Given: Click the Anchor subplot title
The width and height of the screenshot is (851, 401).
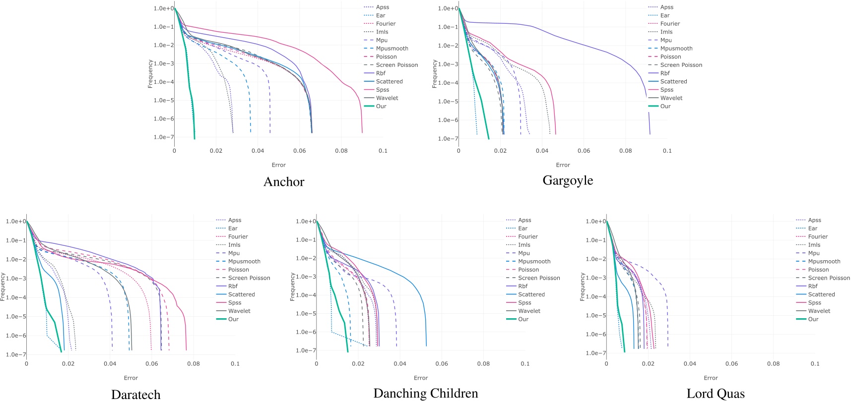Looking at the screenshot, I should [x=284, y=182].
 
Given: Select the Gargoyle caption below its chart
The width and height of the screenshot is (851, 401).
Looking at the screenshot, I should [x=568, y=180].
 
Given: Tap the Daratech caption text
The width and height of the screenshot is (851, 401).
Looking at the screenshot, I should [x=136, y=395].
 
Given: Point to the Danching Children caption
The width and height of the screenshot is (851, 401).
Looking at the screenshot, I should [x=426, y=394].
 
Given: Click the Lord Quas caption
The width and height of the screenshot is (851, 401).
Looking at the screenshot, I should [x=716, y=394].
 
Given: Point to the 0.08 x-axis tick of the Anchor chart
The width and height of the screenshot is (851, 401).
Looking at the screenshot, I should [x=341, y=151].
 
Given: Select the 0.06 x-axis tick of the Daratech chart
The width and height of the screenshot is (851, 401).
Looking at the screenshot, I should [x=152, y=364].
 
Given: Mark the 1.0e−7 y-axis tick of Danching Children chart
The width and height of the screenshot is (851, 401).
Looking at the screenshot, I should [x=306, y=350].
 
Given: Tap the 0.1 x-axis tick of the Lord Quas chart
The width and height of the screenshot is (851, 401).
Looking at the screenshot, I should [x=815, y=364].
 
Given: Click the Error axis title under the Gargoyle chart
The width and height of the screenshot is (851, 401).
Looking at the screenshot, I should [x=563, y=165].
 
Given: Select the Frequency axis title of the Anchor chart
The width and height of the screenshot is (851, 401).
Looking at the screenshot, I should [x=150, y=74].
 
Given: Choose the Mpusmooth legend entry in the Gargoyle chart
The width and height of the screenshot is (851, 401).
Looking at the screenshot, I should [x=676, y=49].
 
